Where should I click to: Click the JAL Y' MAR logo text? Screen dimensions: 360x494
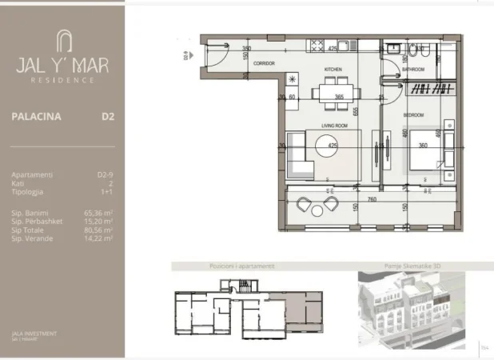coord(62,65)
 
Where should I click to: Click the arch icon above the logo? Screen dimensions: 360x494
coord(62,40)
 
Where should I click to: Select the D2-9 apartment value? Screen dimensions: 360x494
coord(102,174)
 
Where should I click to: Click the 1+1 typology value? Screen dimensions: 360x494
coord(105,192)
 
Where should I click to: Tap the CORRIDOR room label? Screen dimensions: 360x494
coord(264,62)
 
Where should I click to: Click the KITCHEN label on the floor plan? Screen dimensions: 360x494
coord(333,70)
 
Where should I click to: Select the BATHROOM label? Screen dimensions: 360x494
coord(413,70)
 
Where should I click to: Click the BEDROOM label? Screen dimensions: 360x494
coord(412,115)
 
